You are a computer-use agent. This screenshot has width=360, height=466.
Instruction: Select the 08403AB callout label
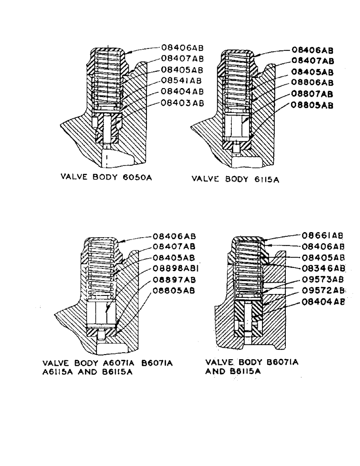pos(182,103)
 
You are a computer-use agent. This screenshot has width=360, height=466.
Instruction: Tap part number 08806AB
pos(312,83)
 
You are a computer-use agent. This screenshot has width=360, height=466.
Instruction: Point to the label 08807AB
pos(312,94)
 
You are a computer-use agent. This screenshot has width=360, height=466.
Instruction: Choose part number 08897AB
pos(174,280)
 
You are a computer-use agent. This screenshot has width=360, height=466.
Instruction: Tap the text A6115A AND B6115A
pos(84,373)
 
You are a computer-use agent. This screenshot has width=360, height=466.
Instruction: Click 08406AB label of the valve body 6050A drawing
pos(182,48)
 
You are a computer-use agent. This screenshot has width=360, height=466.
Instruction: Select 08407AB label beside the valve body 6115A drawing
pos(312,61)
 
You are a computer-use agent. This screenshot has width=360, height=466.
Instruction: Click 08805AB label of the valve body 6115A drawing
pos(312,105)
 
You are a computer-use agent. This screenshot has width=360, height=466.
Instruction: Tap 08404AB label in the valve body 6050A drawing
pos(182,91)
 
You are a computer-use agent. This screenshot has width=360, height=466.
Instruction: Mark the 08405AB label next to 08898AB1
pos(174,257)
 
